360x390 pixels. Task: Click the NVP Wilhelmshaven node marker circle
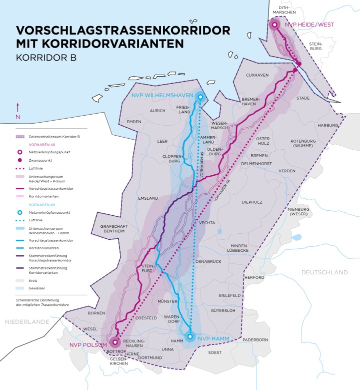coord(200,97)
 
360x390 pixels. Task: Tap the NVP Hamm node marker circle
coord(189,336)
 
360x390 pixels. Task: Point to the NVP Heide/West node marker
coord(274,24)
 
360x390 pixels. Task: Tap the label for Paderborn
coord(256,339)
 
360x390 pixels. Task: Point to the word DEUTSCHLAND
coord(324,272)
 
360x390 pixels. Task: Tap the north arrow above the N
coord(18,107)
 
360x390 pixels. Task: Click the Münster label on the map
coord(167,302)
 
